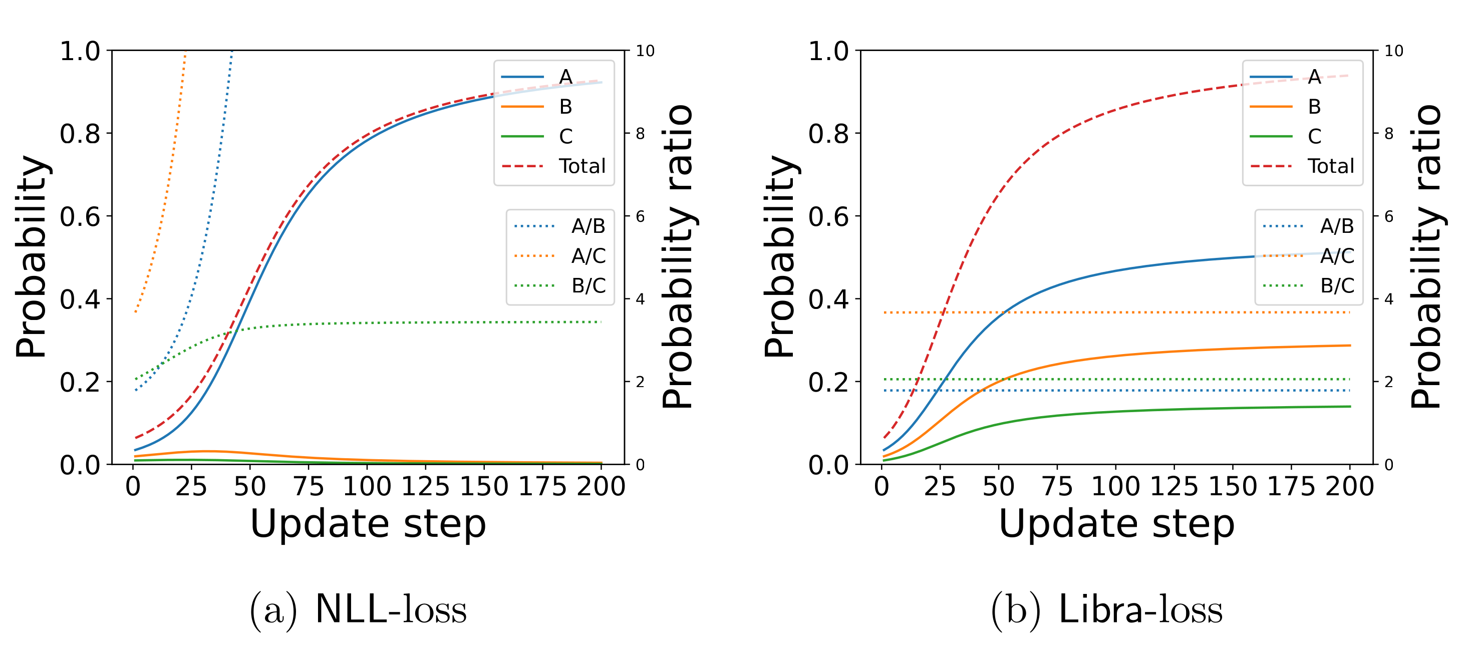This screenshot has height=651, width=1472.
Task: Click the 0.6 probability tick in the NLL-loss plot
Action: pos(80,217)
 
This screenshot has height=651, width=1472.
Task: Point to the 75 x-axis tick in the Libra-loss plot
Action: pos(1057,486)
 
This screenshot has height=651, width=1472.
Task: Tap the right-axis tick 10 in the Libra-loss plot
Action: pos(1394,51)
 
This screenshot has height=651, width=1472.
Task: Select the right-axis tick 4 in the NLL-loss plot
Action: pos(640,299)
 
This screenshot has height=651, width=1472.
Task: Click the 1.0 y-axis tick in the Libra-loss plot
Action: pos(828,51)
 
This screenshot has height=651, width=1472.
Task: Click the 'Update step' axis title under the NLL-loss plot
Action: pos(368,524)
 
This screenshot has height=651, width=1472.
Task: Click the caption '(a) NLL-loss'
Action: pos(358,610)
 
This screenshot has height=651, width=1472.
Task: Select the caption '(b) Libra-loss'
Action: pos(1107,610)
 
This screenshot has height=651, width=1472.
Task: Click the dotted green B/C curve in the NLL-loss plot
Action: pos(400,323)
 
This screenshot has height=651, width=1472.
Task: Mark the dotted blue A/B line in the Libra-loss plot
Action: pos(1143,391)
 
